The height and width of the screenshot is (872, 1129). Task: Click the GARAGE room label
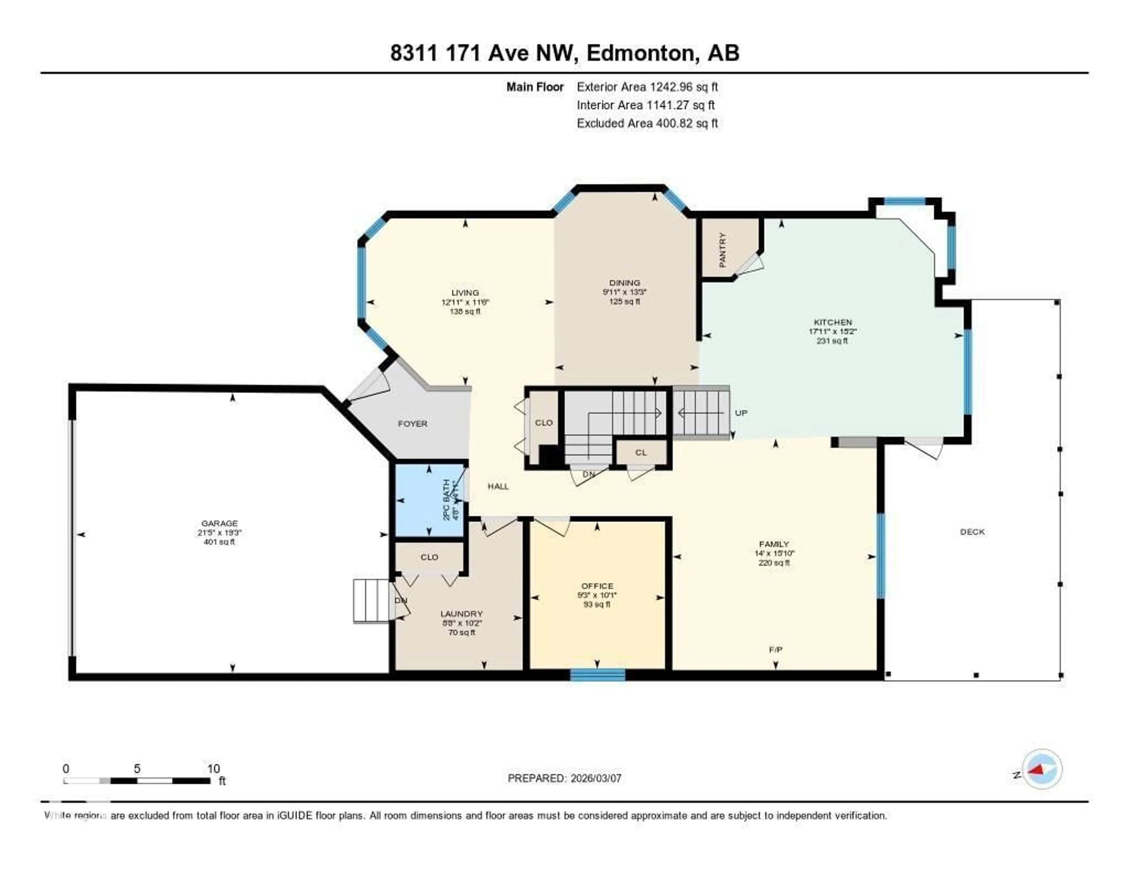pyautogui.click(x=219, y=523)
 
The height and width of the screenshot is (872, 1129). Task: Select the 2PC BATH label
pyautogui.click(x=447, y=500)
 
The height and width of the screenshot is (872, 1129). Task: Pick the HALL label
pyautogui.click(x=498, y=486)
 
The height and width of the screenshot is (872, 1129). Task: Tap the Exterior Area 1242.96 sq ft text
pyautogui.click(x=647, y=87)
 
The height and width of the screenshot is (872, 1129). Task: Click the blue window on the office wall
pyautogui.click(x=598, y=674)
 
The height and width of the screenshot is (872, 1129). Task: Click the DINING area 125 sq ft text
pyautogui.click(x=624, y=301)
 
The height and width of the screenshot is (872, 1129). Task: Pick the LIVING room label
pyautogui.click(x=465, y=293)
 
